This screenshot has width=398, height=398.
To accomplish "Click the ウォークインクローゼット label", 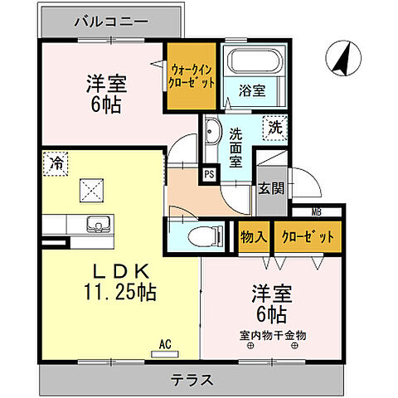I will click(x=193, y=77).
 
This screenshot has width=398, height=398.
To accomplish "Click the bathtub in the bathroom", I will click(x=254, y=63).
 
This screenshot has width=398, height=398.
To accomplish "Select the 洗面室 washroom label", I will click(x=236, y=147).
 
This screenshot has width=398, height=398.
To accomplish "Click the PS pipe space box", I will click(x=210, y=175).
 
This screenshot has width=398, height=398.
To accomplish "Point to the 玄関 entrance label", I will click(x=270, y=187).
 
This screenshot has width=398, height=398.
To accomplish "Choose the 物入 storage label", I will click(x=254, y=237).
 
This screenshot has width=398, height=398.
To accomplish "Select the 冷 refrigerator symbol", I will click(x=54, y=164).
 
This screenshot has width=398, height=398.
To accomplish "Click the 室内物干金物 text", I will click(x=274, y=335).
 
